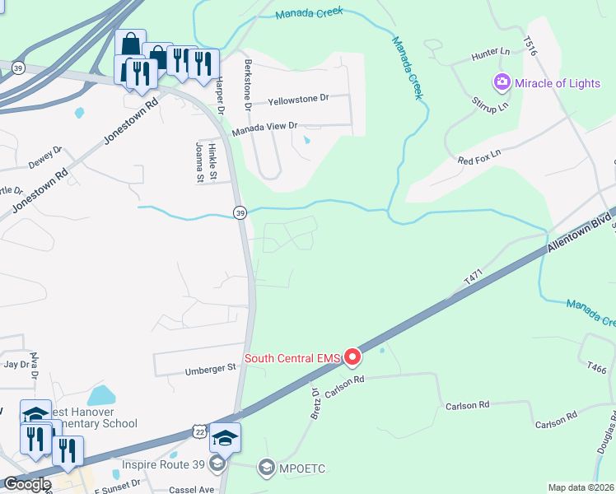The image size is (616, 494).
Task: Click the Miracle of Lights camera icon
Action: pyautogui.click(x=502, y=82)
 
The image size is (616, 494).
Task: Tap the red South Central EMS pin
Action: pyautogui.click(x=352, y=357)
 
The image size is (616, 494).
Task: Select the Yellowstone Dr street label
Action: pyautogui.click(x=298, y=99)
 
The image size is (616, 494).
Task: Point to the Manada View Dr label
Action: pyautogui.click(x=264, y=126)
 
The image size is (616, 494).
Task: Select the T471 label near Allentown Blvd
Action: pyautogui.click(x=471, y=281)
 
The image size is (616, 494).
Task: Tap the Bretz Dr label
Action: pyautogui.click(x=315, y=403)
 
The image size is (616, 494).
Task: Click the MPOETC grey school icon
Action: pyautogui.click(x=266, y=468)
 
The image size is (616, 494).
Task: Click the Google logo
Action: pyautogui.click(x=27, y=484)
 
